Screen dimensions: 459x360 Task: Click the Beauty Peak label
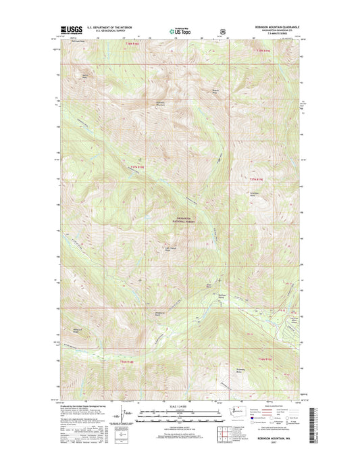point(216,91)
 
